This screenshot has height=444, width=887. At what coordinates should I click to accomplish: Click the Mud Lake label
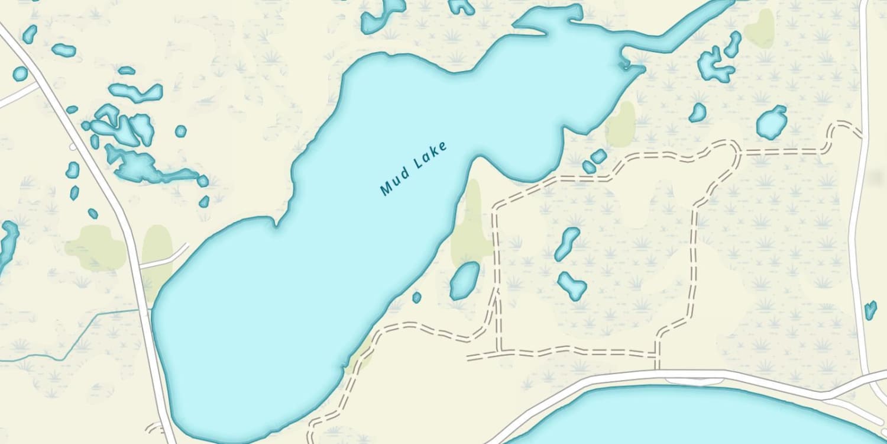pyautogui.click(x=413, y=169)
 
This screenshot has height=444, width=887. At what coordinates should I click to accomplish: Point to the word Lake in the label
pyautogui.click(x=431, y=156)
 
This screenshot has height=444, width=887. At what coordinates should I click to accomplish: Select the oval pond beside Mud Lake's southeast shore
pyautogui.click(x=464, y=280)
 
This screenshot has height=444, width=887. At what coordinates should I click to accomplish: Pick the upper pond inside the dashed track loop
pyautogui.click(x=567, y=243)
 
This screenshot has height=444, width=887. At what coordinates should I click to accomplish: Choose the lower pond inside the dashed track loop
pyautogui.click(x=572, y=286)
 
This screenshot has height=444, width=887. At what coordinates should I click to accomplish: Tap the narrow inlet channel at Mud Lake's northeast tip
pyautogui.click(x=674, y=36)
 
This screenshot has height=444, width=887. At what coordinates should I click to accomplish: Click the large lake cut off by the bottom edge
pyautogui.click(x=680, y=417)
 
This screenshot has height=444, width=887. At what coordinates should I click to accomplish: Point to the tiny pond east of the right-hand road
pyautogui.click(x=870, y=310)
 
